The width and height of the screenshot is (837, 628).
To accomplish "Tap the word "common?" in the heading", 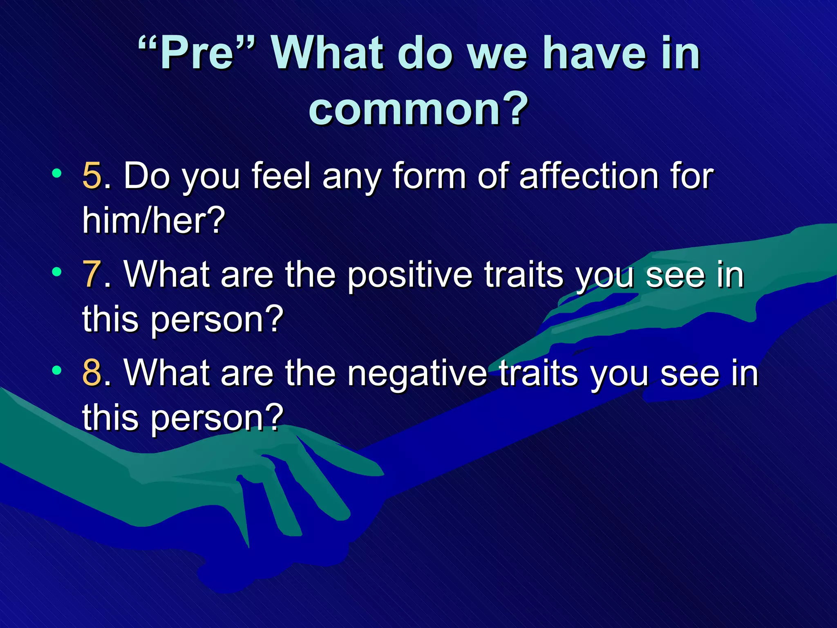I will pyautogui.click(x=418, y=109).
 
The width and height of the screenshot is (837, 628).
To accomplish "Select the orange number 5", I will pyautogui.click(x=92, y=176).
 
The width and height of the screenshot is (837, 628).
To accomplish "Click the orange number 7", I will pyautogui.click(x=92, y=275).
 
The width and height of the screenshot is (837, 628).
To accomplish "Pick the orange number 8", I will pyautogui.click(x=92, y=372).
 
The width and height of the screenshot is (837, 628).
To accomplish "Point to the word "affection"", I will pyautogui.click(x=589, y=176).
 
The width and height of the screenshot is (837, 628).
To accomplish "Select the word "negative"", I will pyautogui.click(x=417, y=373).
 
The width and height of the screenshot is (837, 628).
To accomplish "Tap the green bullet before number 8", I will pyautogui.click(x=57, y=370).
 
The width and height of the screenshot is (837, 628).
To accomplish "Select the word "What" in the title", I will pyautogui.click(x=327, y=53).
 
